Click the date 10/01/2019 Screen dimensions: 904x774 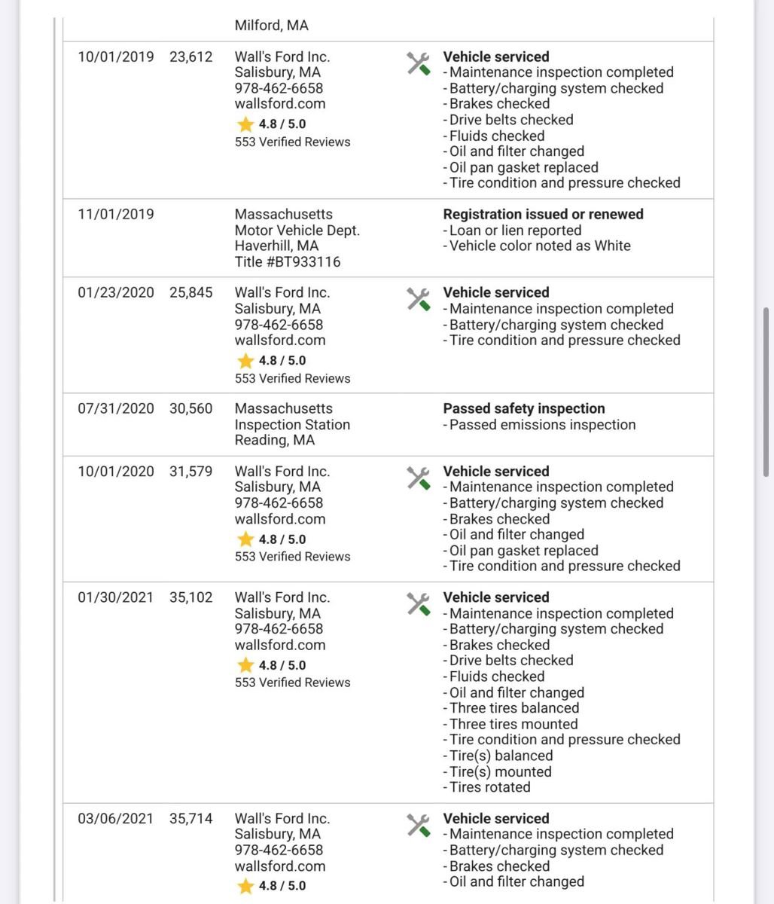click(115, 56)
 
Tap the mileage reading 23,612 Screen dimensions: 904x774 click(191, 56)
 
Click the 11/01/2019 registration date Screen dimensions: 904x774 click(115, 214)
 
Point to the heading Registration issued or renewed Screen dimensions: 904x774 click(543, 214)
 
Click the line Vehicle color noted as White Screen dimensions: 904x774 click(540, 246)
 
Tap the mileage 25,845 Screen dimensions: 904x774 click(191, 292)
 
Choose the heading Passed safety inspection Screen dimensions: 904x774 click(524, 408)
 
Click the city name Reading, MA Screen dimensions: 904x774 click(274, 440)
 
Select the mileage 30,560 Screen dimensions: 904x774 click(191, 408)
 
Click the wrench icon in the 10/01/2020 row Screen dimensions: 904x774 click(418, 478)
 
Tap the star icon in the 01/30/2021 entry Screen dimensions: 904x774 click(245, 665)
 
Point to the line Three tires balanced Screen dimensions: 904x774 click(514, 708)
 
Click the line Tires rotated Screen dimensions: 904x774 click(489, 787)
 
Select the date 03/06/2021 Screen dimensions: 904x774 click(115, 818)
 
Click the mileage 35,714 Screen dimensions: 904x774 click(191, 818)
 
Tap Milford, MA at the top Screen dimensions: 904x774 click(271, 26)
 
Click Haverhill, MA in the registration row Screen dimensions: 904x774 click(276, 246)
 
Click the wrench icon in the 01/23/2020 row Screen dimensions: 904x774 click(418, 299)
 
